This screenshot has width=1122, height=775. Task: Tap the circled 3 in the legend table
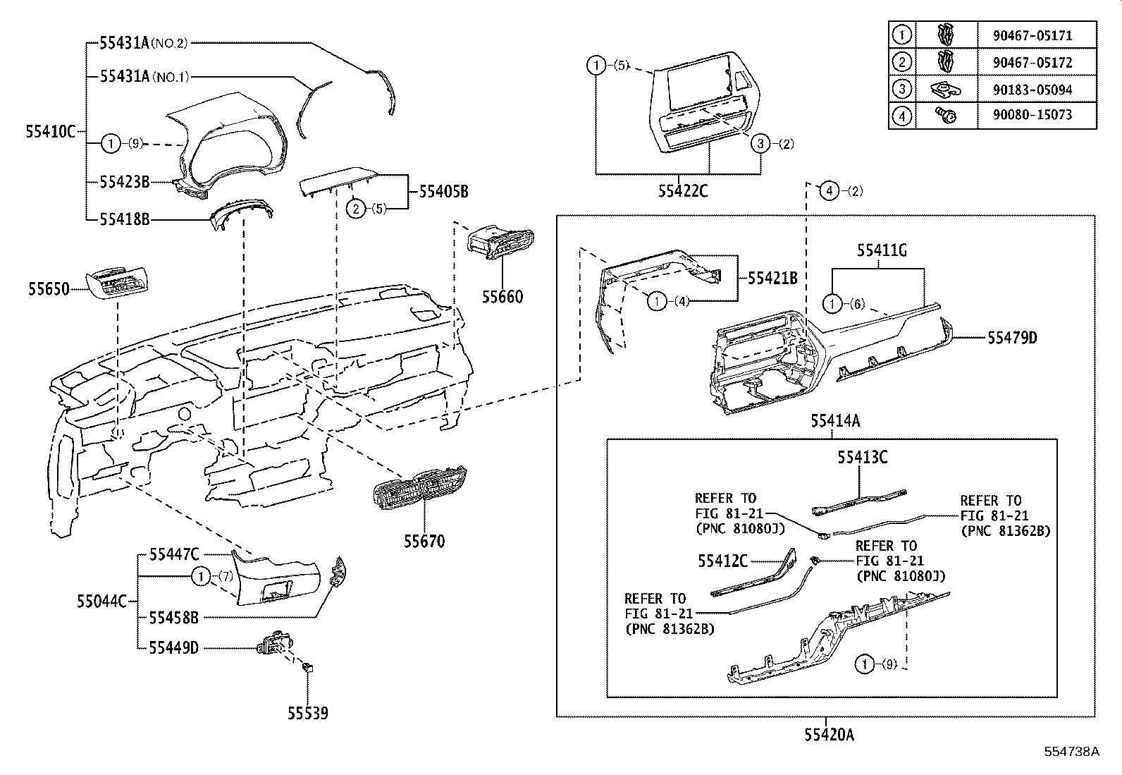(901, 89)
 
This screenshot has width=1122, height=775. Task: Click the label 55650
(49, 288)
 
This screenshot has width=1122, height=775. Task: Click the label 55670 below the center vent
(424, 542)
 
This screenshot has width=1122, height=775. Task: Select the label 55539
(307, 713)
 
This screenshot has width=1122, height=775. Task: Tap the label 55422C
(682, 190)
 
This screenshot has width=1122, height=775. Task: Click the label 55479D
(1012, 338)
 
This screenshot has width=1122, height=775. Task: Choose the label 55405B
(443, 191)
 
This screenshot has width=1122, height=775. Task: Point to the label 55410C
(50, 131)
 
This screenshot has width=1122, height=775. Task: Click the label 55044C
(101, 602)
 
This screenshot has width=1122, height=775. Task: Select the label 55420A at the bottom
(829, 735)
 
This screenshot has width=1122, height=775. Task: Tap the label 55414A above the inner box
(834, 422)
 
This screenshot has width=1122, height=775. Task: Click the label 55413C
(862, 458)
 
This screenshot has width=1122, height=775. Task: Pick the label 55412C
(722, 561)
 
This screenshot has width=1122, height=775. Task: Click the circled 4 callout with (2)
(830, 190)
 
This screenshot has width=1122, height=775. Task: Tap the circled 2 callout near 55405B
(357, 208)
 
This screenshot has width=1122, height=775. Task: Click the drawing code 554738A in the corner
(1071, 752)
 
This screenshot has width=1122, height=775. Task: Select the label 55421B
(772, 279)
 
